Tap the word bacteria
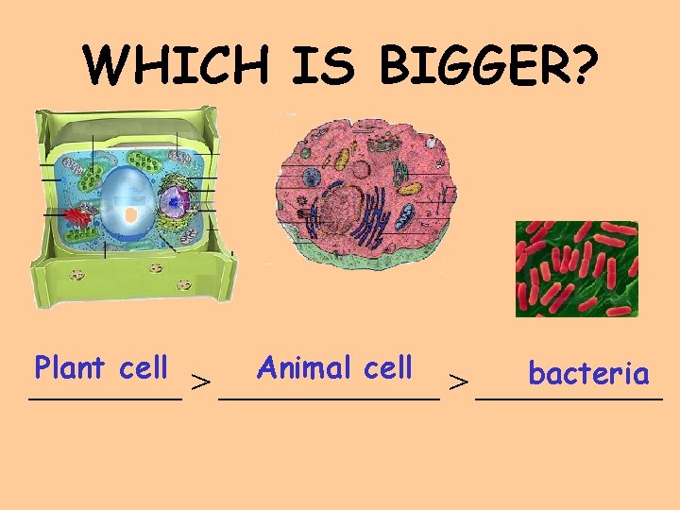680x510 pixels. (588, 374)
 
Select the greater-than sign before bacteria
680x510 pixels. (458, 382)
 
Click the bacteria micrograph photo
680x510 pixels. (576, 268)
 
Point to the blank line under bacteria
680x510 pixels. (569, 400)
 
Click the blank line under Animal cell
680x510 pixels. (329, 400)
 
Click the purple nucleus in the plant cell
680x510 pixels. (174, 201)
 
